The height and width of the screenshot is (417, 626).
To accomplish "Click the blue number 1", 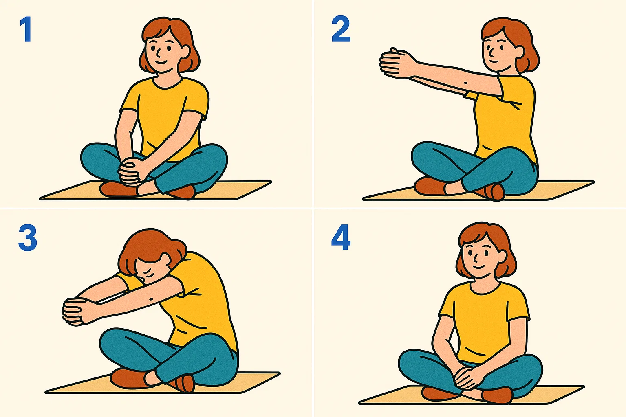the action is click(26, 29).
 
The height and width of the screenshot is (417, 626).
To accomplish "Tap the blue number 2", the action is click(341, 29).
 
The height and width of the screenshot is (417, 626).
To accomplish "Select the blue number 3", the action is click(28, 238).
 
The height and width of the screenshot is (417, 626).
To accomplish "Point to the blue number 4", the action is click(341, 238).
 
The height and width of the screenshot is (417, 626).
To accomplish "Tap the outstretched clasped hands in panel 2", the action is click(395, 63).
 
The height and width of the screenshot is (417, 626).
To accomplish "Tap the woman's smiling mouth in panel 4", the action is click(478, 266).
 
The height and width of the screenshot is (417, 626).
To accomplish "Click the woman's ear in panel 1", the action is click(185, 51).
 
